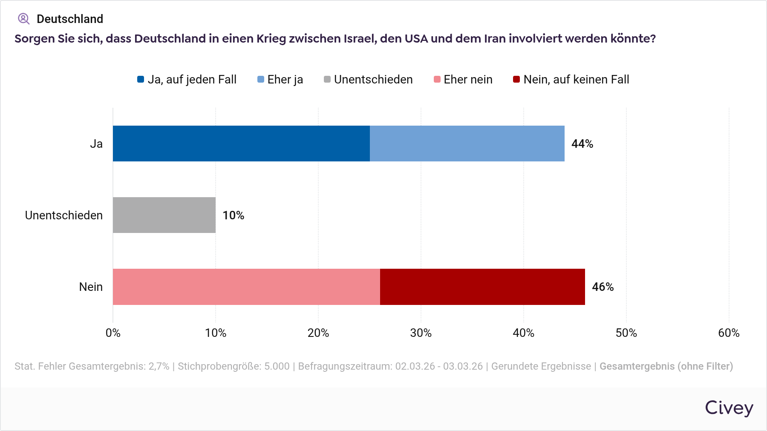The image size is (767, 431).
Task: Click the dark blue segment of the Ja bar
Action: tap(241, 144)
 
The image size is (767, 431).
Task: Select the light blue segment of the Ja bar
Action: tap(467, 144)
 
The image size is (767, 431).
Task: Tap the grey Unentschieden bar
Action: tap(164, 215)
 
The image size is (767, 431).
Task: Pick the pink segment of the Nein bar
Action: tap(246, 287)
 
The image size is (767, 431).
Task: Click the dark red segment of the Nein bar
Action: tap(482, 287)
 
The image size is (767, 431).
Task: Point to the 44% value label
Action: tap(582, 144)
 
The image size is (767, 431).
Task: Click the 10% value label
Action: tap(233, 215)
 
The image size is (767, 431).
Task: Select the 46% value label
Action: tap(603, 287)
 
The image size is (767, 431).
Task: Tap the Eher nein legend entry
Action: tap(463, 80)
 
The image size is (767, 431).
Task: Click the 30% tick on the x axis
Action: tap(421, 333)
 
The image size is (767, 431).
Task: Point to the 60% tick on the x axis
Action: tap(729, 333)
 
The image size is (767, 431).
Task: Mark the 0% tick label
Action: tap(113, 333)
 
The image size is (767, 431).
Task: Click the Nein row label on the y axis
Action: tap(91, 287)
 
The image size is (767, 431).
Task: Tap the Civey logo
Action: tap(729, 408)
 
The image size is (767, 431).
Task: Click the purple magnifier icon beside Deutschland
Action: tap(23, 19)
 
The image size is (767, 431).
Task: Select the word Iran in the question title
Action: tap(495, 39)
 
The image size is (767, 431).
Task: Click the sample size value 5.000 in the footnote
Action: tap(277, 366)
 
